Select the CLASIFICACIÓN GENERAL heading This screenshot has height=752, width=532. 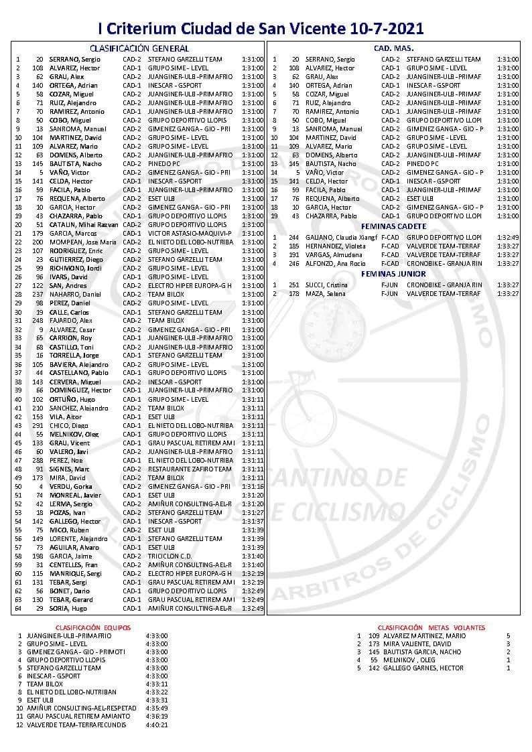click(x=139, y=48)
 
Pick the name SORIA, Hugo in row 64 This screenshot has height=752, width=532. click(x=69, y=608)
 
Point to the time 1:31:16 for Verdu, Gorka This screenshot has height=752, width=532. click(x=253, y=486)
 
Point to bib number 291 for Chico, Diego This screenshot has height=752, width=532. click(x=38, y=425)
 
